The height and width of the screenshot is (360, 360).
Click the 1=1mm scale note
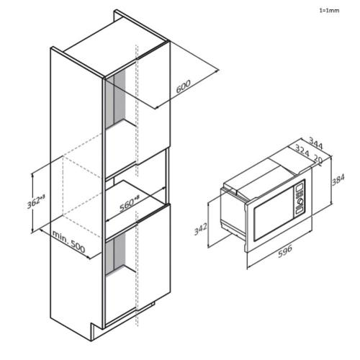click(329, 11)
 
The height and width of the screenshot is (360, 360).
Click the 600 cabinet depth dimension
click(184, 86)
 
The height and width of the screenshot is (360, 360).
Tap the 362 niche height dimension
click(36, 202)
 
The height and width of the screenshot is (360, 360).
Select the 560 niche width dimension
click(129, 204)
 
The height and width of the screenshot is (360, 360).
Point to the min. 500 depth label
click(68, 242)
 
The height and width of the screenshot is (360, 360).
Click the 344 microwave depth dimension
click(315, 143)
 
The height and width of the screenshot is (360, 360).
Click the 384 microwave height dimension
click(338, 180)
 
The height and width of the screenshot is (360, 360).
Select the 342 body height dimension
click(200, 229)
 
